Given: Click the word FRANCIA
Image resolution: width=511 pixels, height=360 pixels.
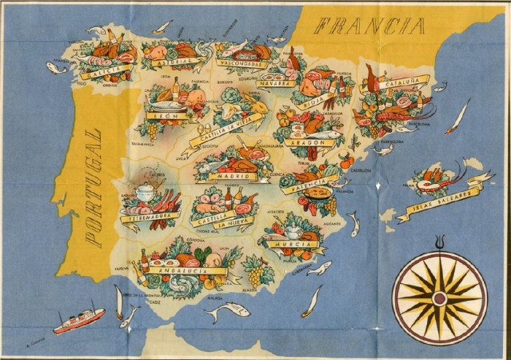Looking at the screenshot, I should tap(369, 26).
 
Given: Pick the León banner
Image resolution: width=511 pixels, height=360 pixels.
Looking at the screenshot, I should tap(171, 115).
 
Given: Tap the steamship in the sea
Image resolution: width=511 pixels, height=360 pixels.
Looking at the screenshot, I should tap(79, 319).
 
